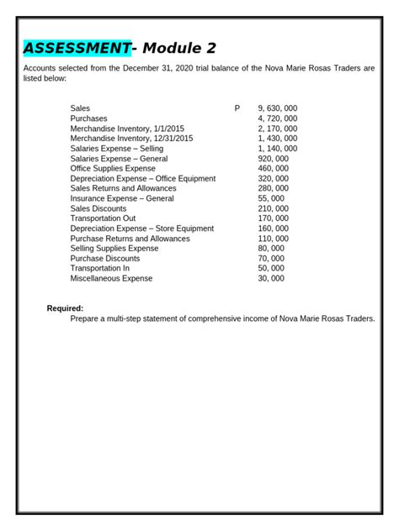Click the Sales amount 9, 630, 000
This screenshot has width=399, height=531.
pos(277,108)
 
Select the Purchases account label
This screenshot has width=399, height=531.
pos(89,118)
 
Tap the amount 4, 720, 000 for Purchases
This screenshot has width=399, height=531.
pos(277,118)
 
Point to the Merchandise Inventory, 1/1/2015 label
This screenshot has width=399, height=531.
pos(127,129)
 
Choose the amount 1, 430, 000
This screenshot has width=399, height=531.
pos(277,139)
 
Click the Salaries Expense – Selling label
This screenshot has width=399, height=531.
pos(117,149)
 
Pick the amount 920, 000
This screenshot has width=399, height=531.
pos(273,159)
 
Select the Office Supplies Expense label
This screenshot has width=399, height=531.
pos(113,168)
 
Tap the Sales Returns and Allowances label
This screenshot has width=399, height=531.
pos(124,188)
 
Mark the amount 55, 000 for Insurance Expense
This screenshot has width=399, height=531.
pos(271,198)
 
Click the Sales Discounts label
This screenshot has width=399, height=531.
pos(98,208)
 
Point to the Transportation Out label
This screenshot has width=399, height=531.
pos(104,218)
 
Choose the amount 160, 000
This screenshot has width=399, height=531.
pos(273,229)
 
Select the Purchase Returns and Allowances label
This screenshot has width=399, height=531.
pos(130,239)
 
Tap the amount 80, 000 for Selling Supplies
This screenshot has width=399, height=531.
pos(271,249)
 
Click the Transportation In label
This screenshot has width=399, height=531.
pos(100,268)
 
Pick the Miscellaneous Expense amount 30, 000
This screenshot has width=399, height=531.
pos(271,278)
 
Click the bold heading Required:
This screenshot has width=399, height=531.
pos(65,308)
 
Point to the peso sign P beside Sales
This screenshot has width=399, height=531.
pos(237,108)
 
